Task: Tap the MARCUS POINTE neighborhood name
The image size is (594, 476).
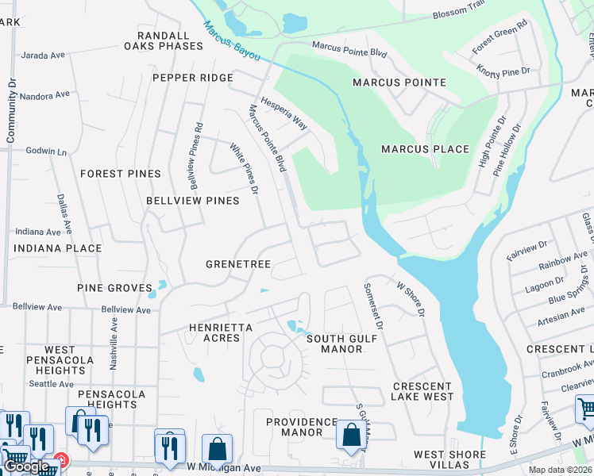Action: [x=401, y=83]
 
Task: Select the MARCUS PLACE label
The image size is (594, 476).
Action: [x=425, y=149]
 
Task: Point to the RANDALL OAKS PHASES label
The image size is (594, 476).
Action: [x=164, y=40]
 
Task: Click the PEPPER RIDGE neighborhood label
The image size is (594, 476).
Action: [x=193, y=78]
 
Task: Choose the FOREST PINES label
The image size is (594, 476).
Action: [x=121, y=174]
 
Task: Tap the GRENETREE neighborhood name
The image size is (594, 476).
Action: [x=238, y=264]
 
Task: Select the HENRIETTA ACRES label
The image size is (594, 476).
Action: [x=221, y=332]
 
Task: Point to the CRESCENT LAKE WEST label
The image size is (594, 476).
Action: [x=422, y=391]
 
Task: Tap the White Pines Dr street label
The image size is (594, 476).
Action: [x=244, y=168]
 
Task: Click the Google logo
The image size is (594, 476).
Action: [x=26, y=466]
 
